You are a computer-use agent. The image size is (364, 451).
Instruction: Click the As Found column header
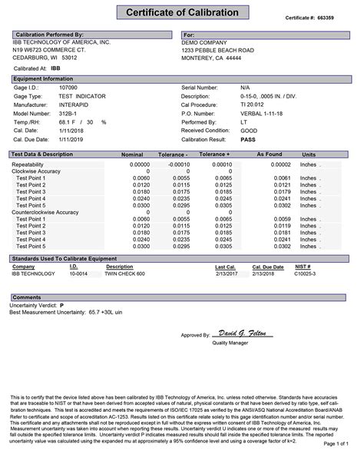point(268,154)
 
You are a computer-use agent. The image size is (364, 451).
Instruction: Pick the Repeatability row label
point(34,164)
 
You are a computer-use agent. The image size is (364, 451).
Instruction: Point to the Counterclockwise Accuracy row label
point(45,211)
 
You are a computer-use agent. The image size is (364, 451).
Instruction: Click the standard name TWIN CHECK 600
point(126,273)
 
